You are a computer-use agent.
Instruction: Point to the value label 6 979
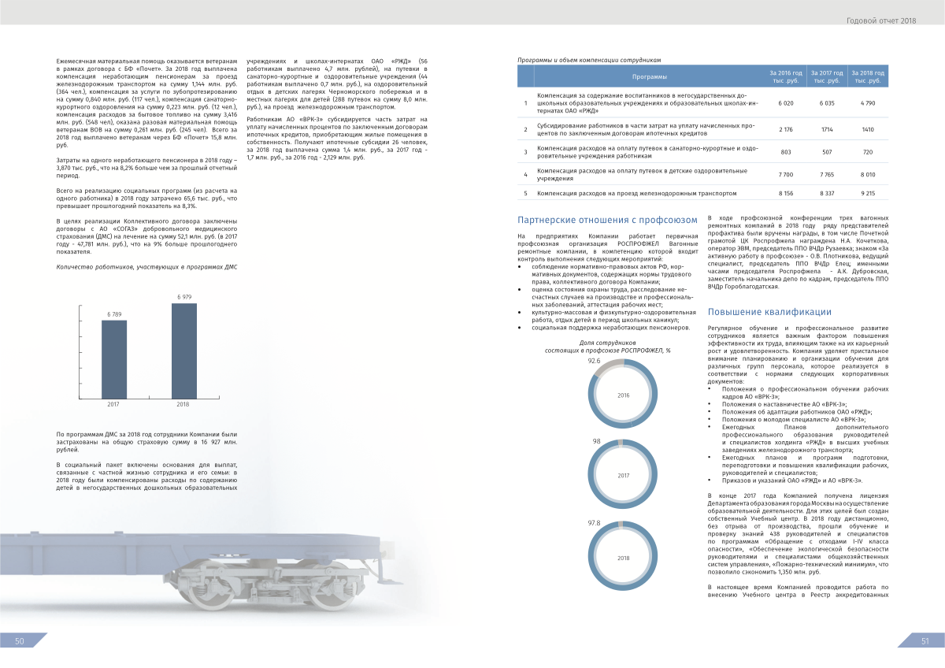point(184,297)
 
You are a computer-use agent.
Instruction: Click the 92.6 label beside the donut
point(595,360)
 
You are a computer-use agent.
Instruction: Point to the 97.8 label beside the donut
point(595,522)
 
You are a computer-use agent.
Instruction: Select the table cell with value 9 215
point(868,192)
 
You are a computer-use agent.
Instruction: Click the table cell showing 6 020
point(785,103)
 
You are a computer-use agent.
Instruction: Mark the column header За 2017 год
point(827,76)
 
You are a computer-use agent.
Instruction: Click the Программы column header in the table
point(650,76)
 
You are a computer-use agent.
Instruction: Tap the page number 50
point(20,641)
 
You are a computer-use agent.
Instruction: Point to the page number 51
point(925,641)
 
